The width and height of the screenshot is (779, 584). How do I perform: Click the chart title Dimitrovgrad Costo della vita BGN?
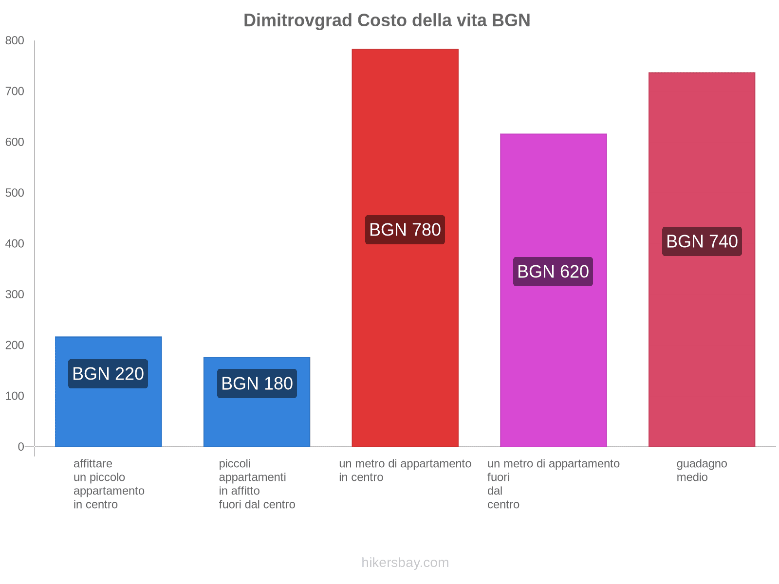click(387, 20)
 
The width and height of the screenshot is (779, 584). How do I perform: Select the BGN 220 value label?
click(108, 374)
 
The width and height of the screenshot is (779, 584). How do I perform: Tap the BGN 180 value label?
click(257, 383)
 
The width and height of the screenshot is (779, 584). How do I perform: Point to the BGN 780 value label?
click(405, 230)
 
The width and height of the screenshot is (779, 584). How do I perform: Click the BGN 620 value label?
click(553, 272)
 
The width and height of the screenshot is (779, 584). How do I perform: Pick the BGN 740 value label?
click(702, 241)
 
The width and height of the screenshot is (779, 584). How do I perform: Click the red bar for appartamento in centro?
click(405, 146)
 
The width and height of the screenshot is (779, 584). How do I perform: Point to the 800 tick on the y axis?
click(15, 41)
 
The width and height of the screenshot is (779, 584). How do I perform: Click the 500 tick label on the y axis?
click(15, 193)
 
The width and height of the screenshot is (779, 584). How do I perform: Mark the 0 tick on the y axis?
click(21, 447)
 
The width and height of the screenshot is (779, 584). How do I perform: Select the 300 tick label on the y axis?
click(15, 294)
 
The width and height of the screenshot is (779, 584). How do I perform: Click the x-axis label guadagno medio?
click(702, 470)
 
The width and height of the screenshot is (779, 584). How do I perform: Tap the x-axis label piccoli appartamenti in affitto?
click(257, 484)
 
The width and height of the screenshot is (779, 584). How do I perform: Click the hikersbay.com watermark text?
click(405, 563)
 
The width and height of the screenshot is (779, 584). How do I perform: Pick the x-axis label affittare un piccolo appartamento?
click(109, 484)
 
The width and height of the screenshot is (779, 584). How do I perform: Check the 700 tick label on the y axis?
click(15, 91)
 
